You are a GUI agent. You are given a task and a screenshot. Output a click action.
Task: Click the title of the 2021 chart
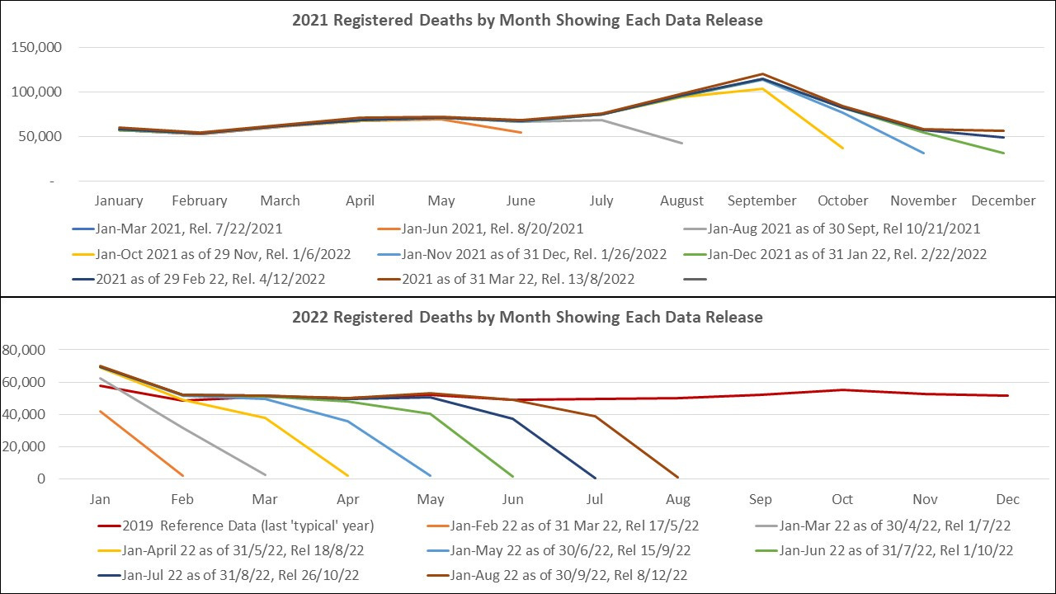click(527, 20)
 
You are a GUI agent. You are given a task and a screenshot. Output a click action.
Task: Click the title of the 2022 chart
click(527, 317)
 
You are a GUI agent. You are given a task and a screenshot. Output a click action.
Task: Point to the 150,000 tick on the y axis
click(35, 47)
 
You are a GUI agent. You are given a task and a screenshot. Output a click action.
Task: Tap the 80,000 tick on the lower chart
click(23, 350)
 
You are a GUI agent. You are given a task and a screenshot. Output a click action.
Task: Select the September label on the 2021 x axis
click(761, 200)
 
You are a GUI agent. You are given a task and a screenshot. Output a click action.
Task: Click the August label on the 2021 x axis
click(681, 200)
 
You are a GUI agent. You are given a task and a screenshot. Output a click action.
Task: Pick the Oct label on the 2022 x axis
click(842, 499)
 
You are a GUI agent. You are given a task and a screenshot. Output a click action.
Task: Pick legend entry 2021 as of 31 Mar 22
click(517, 278)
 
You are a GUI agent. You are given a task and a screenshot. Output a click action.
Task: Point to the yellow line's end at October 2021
click(842, 148)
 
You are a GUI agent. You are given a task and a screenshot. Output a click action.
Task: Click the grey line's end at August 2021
click(681, 143)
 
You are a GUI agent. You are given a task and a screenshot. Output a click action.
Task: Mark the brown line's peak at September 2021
click(762, 74)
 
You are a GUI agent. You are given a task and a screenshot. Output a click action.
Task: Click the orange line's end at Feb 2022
click(182, 475)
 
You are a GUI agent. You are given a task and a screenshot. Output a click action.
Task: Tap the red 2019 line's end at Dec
click(1007, 395)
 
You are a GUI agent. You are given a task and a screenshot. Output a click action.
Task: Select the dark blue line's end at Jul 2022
click(595, 477)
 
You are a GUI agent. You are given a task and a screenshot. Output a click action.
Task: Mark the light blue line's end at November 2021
click(923, 153)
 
